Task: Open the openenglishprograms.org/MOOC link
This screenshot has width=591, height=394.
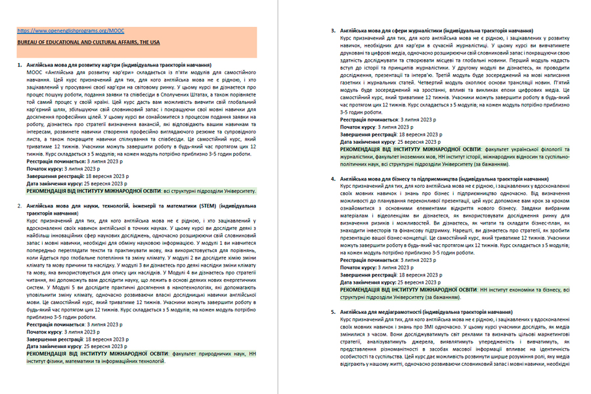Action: pyautogui.click(x=70, y=30)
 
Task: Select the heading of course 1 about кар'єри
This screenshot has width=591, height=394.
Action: pyautogui.click(x=119, y=66)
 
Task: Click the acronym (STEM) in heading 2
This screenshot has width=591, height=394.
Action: pyautogui.click(x=208, y=206)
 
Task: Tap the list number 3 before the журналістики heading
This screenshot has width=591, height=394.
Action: pyautogui.click(x=334, y=31)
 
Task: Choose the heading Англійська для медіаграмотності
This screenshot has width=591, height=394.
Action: pyautogui.click(x=426, y=312)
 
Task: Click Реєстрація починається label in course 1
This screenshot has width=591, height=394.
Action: pyautogui.click(x=55, y=162)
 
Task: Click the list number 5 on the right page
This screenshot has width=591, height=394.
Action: pyautogui.click(x=334, y=312)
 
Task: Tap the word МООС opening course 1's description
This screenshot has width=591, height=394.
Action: pyautogui.click(x=33, y=72)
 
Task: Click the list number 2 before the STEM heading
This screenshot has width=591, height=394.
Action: pyautogui.click(x=20, y=206)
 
